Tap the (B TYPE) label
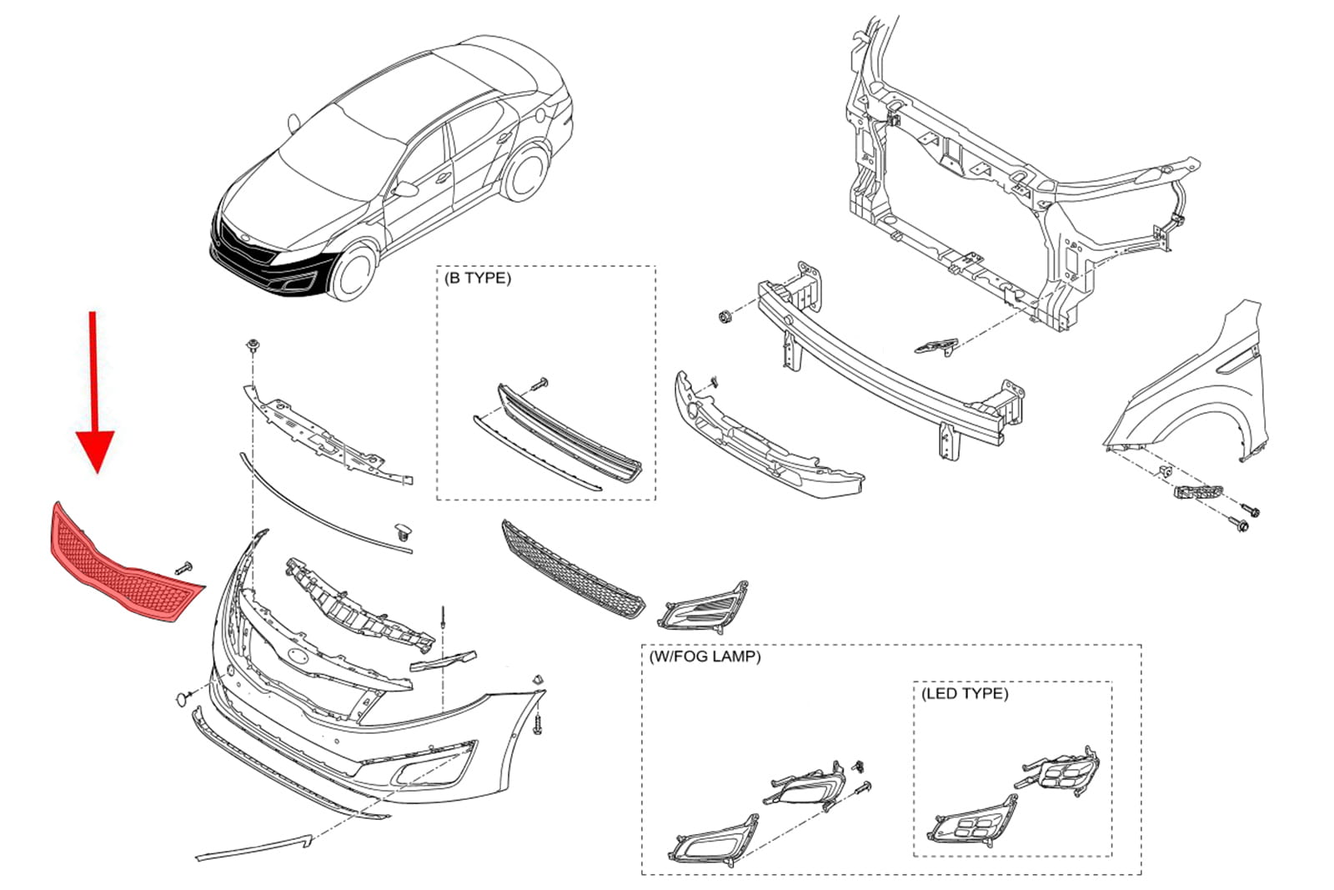478,278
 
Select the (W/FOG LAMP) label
705,656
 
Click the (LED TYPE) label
965,693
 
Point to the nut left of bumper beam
725,317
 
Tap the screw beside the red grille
184,567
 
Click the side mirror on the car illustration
406,189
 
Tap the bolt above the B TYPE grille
538,383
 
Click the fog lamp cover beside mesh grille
705,605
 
